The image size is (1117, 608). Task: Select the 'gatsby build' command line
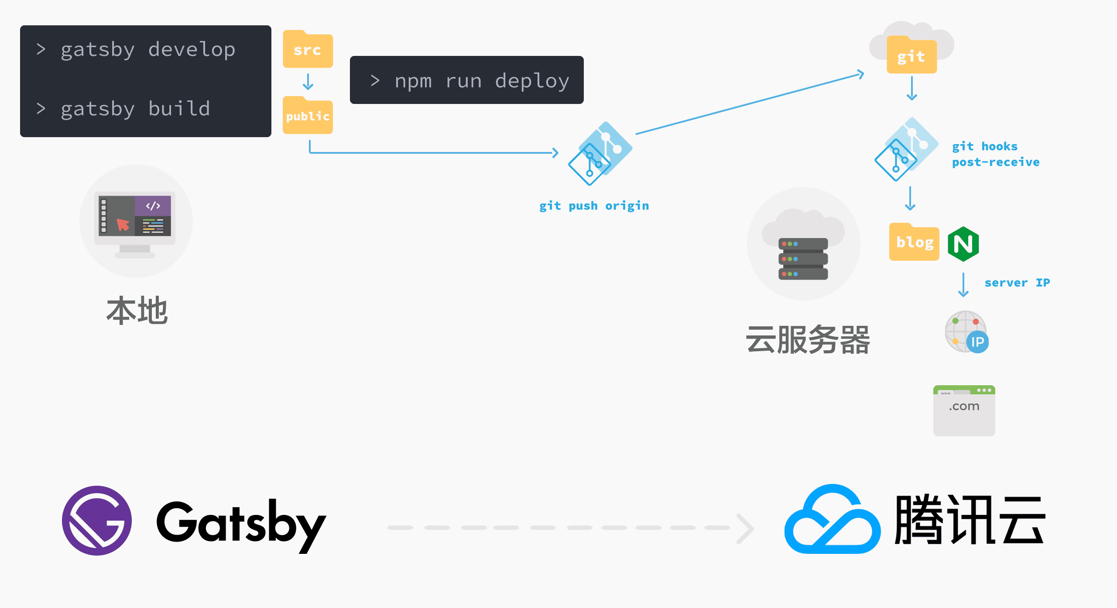pyautogui.click(x=135, y=109)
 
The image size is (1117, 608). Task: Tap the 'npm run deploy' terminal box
pyautogui.click(x=466, y=80)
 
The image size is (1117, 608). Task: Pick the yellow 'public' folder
pyautogui.click(x=308, y=116)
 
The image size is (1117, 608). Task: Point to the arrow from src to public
pyautogui.click(x=308, y=81)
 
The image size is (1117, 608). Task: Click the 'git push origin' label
pyautogui.click(x=594, y=206)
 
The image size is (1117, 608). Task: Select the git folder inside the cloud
pyautogui.click(x=911, y=56)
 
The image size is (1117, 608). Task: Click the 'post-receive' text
pyautogui.click(x=995, y=162)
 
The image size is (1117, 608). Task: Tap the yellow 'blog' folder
pyautogui.click(x=914, y=242)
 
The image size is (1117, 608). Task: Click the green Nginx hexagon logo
pyautogui.click(x=963, y=244)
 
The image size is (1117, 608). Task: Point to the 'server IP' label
pyautogui.click(x=1017, y=283)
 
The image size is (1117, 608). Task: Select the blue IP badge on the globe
pyautogui.click(x=977, y=342)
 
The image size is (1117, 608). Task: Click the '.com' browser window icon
pyautogui.click(x=964, y=410)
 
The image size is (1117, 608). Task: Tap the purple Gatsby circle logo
pyautogui.click(x=97, y=520)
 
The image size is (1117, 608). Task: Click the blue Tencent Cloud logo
pyautogui.click(x=832, y=520)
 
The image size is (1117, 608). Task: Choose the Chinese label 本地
pyautogui.click(x=137, y=311)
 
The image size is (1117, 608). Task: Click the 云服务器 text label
pyautogui.click(x=808, y=340)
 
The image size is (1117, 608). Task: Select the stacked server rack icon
pyautogui.click(x=803, y=259)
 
